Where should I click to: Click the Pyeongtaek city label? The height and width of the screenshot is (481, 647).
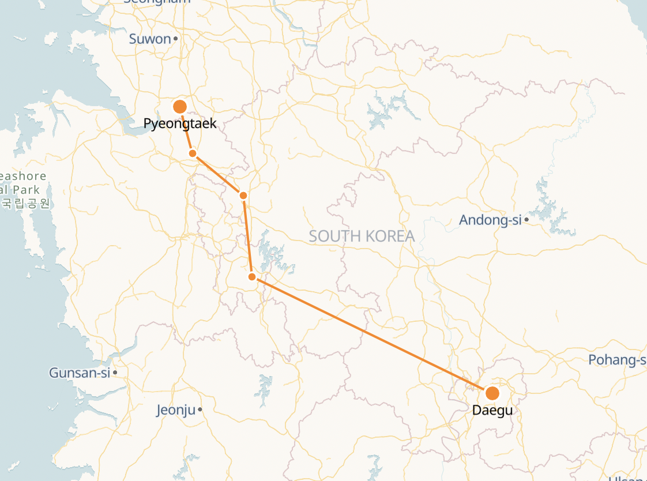[180, 123]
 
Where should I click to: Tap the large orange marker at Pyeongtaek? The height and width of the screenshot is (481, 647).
[180, 107]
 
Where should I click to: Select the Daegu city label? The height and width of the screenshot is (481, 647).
[492, 411]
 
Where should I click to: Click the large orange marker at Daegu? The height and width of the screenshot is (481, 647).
[492, 393]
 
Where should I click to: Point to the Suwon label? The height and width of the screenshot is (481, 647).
[150, 39]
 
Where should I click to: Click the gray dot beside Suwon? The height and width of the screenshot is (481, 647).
[175, 39]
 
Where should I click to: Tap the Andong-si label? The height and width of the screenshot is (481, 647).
[490, 220]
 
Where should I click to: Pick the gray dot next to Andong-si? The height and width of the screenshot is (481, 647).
[526, 220]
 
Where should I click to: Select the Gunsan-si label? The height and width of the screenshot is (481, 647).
[79, 373]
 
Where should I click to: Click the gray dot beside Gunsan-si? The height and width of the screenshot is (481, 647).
[115, 373]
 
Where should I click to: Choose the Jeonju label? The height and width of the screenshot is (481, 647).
[175, 410]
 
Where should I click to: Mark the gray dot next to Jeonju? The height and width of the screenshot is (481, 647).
[200, 410]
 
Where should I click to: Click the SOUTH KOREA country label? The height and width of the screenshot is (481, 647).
[362, 236]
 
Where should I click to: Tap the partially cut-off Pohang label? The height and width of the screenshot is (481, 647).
[617, 360]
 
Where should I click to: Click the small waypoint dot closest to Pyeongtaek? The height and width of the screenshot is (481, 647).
[193, 153]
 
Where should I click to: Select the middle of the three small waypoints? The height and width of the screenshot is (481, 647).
[243, 196]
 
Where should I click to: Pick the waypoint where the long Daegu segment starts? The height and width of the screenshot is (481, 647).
[252, 277]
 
